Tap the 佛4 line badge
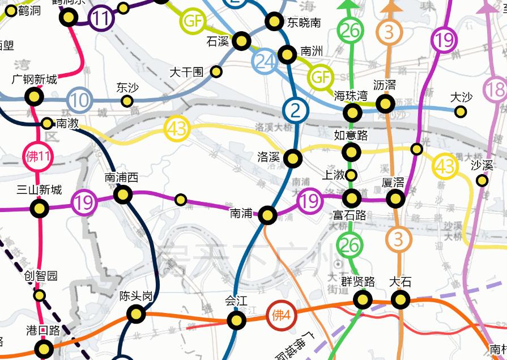[282, 315]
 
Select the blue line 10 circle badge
[80, 101]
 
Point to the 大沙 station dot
[461, 111]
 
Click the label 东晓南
[304, 23]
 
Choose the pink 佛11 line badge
[39, 157]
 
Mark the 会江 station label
[236, 301]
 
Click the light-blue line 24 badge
[265, 61]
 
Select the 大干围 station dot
[216, 71]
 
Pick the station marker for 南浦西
[123, 195]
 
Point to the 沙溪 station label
[482, 166]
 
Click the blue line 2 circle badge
[296, 110]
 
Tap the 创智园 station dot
[40, 295]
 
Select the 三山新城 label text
[39, 190]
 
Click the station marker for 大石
[401, 299]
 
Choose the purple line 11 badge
[102, 19]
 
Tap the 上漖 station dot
[351, 175]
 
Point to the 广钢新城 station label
[35, 79]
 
